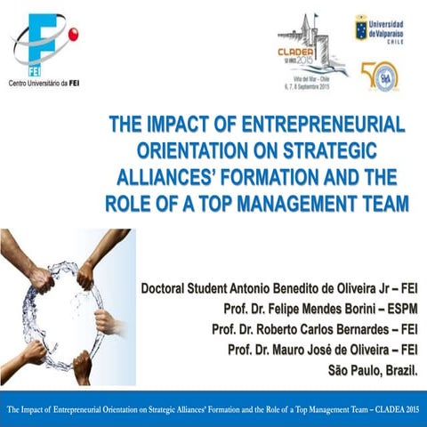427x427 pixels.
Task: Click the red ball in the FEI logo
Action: click(71, 34)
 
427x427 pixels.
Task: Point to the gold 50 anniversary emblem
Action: click(379, 76)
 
